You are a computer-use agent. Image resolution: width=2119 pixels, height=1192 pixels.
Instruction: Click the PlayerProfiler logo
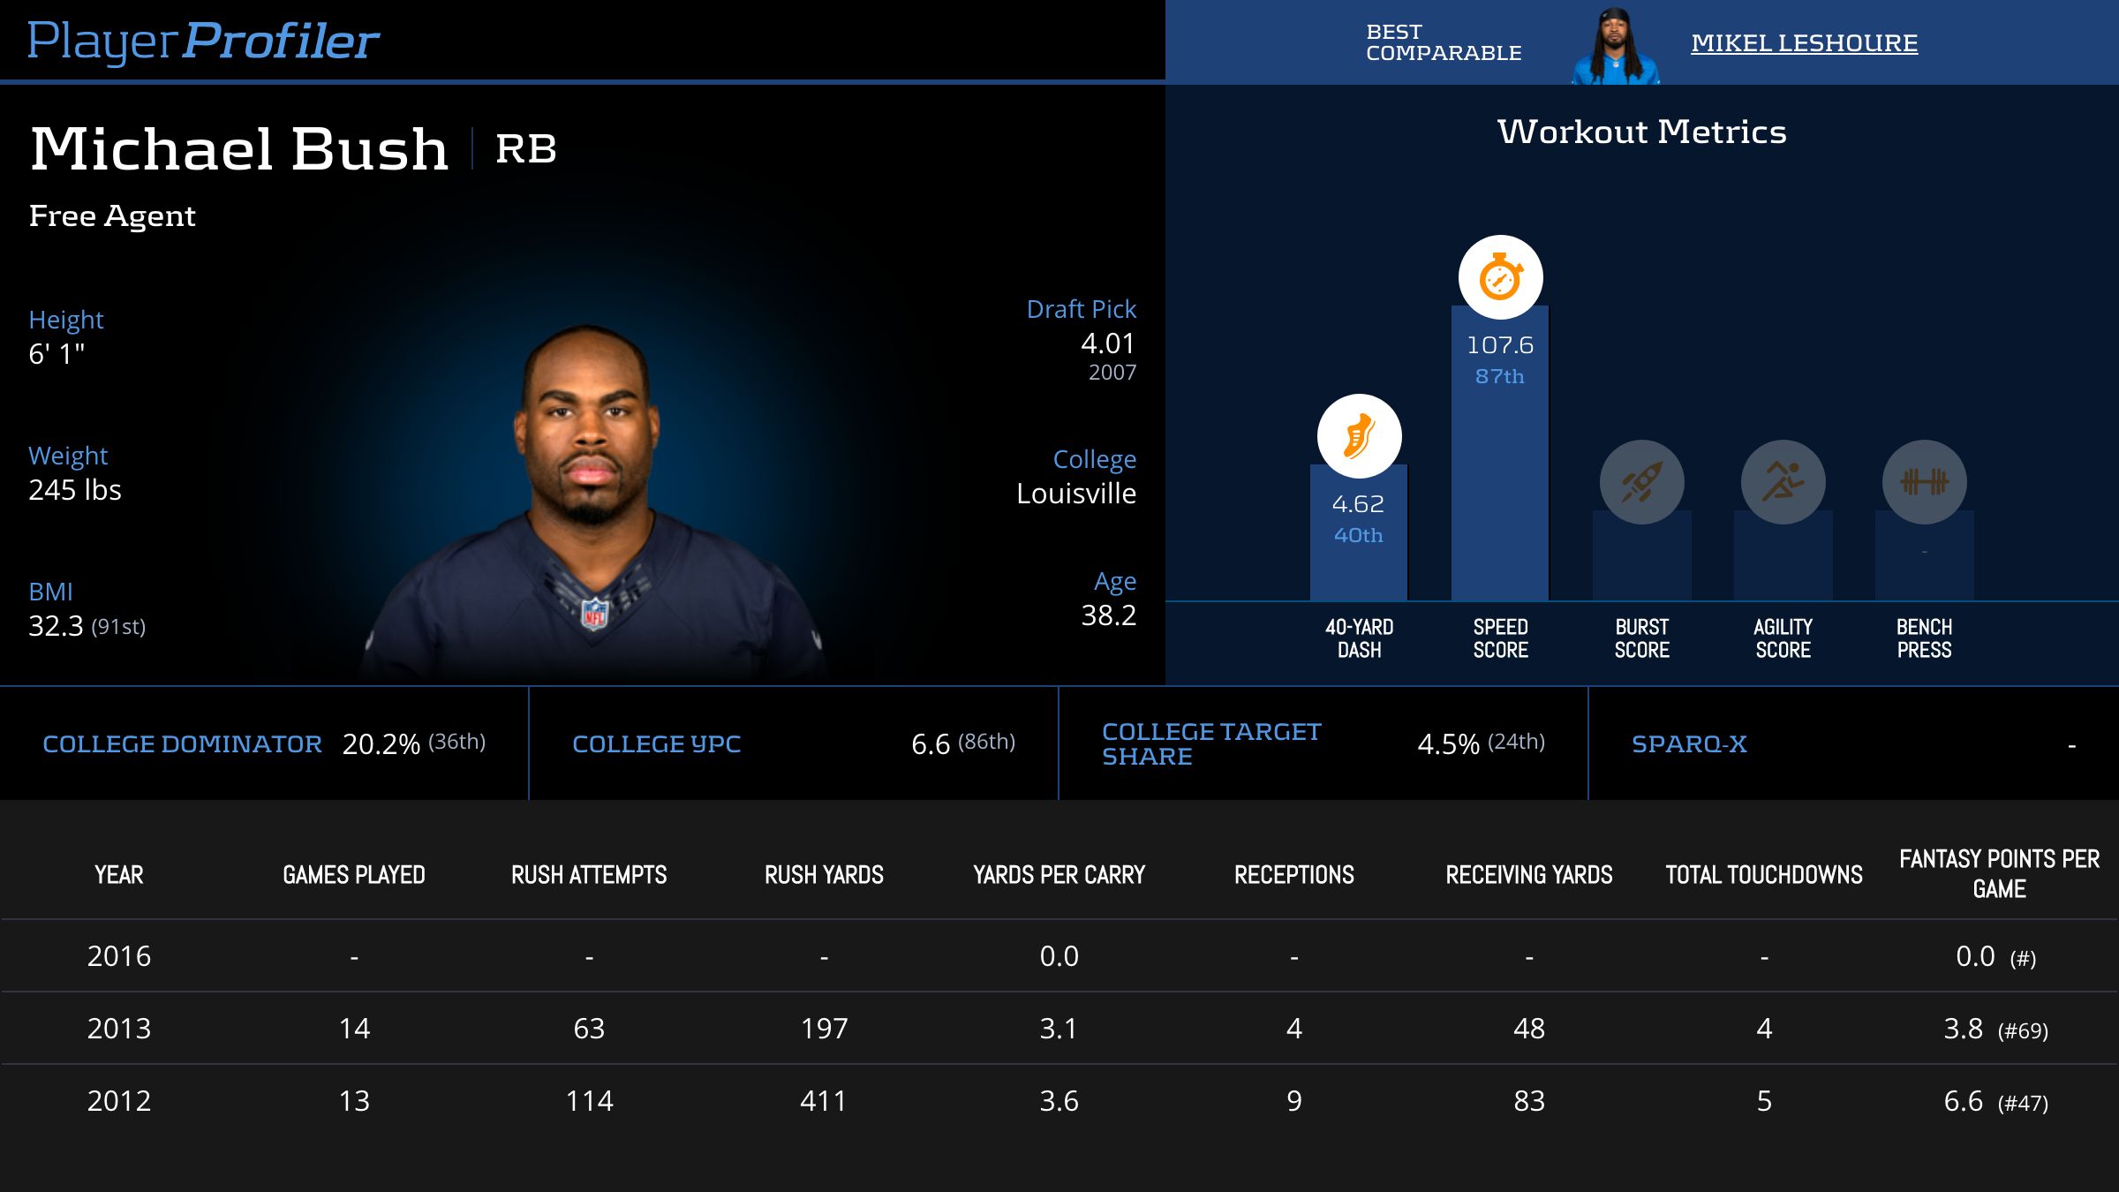(x=203, y=41)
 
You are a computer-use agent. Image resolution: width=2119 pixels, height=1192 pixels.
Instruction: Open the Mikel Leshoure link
(x=1804, y=43)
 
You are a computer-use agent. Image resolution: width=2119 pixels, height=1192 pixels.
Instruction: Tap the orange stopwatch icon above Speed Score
(x=1500, y=278)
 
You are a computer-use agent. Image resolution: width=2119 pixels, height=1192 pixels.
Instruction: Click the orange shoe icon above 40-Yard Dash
(x=1359, y=436)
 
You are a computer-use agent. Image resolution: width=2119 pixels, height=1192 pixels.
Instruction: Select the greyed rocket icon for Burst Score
(x=1641, y=482)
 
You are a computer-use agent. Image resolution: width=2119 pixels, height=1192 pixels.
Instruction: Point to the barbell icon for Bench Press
(x=1924, y=482)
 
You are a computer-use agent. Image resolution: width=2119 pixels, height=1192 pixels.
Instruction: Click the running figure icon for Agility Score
(x=1783, y=482)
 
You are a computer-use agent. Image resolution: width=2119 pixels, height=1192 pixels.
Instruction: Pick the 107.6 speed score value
(x=1500, y=345)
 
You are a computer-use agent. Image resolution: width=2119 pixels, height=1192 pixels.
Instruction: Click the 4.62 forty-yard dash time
(x=1358, y=504)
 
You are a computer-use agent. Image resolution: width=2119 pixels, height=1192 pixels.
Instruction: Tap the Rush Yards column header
(x=824, y=875)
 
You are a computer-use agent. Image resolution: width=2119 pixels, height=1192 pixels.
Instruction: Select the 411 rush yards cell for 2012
(x=824, y=1101)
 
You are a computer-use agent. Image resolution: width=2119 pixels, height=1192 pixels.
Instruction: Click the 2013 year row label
(x=119, y=1029)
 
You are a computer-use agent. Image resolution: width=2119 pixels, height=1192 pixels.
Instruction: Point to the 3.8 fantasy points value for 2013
(x=1964, y=1029)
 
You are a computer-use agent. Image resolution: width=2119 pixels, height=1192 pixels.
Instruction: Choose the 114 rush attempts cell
(x=589, y=1101)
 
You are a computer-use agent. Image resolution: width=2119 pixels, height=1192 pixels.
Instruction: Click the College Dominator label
(x=182, y=744)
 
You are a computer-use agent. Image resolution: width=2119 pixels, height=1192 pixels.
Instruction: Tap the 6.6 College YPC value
(x=931, y=744)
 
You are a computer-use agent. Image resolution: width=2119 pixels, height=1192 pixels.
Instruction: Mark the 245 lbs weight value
(x=75, y=490)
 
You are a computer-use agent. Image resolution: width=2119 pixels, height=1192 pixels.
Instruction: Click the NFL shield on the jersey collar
(x=595, y=613)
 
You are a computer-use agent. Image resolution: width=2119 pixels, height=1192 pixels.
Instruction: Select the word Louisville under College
(x=1076, y=494)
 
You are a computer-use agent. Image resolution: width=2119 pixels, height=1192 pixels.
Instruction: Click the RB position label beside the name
(x=526, y=148)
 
